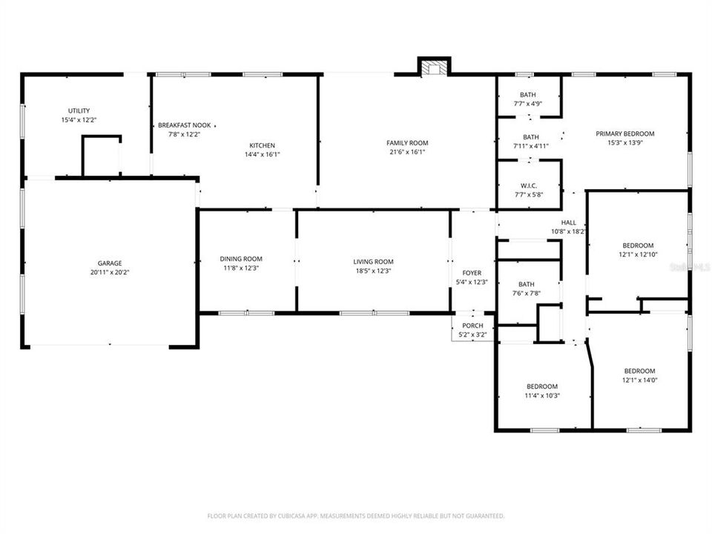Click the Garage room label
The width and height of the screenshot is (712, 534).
point(109,263)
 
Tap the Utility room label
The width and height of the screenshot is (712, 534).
point(79,111)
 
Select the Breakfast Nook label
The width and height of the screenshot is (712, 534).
point(179,125)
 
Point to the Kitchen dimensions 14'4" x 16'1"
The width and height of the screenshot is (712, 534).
point(262,154)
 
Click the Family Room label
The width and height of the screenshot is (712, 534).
point(407,143)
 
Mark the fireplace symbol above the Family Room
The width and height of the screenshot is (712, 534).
point(433,68)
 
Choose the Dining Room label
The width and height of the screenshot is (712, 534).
point(241,259)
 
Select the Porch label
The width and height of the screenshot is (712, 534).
point(472,326)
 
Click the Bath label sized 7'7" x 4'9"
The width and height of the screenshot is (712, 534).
point(528,95)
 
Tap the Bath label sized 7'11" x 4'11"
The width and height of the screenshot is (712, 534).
point(531,137)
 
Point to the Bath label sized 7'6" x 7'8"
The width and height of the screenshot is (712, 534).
point(527,284)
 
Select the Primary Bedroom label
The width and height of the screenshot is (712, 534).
point(625,133)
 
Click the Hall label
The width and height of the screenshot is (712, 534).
point(568,222)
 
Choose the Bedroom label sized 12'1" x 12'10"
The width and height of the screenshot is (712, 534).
point(638,245)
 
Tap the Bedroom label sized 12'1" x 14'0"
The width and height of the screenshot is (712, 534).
point(639,371)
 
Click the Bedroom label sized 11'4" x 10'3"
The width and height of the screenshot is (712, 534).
point(542,386)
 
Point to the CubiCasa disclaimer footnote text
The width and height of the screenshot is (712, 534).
point(356,515)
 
